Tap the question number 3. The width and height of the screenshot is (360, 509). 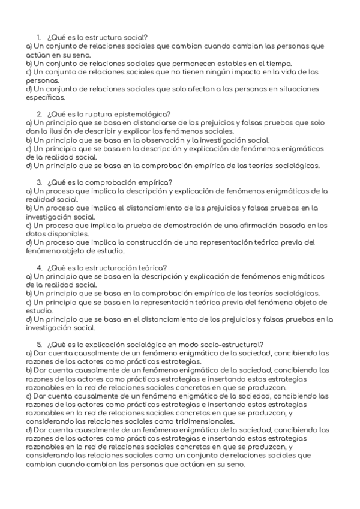pyautogui.click(x=39, y=182)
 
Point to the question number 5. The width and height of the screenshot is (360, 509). pyautogui.click(x=39, y=344)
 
